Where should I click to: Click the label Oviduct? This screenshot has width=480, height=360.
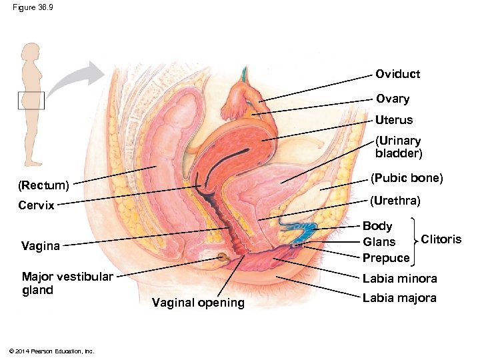pyautogui.click(x=397, y=74)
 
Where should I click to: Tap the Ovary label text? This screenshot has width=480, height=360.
pyautogui.click(x=393, y=99)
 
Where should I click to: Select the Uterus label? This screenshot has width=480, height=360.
pyautogui.click(x=394, y=120)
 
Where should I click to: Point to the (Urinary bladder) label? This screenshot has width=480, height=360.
pyautogui.click(x=398, y=147)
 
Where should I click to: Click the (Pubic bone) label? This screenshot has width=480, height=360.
pyautogui.click(x=407, y=179)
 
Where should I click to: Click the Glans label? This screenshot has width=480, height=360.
pyautogui.click(x=379, y=242)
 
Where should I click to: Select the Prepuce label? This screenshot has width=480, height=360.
pyautogui.click(x=386, y=258)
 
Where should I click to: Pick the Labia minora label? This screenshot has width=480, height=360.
pyautogui.click(x=400, y=279)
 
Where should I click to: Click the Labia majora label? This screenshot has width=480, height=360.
pyautogui.click(x=399, y=297)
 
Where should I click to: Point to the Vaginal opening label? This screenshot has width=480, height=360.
pyautogui.click(x=198, y=303)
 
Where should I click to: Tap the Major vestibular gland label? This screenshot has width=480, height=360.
pyautogui.click(x=67, y=283)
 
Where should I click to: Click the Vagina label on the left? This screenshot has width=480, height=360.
pyautogui.click(x=41, y=246)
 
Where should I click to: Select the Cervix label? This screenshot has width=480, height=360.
pyautogui.click(x=37, y=205)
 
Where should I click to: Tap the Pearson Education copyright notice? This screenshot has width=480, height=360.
pyautogui.click(x=49, y=351)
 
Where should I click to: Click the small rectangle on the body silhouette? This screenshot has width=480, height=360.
pyautogui.click(x=31, y=101)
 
